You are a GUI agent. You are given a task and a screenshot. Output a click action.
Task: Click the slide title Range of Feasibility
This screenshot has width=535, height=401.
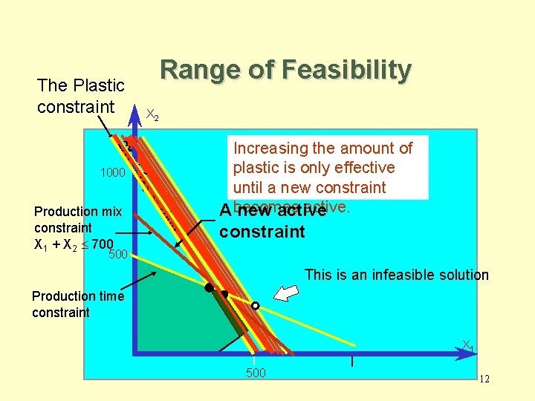click(285, 71)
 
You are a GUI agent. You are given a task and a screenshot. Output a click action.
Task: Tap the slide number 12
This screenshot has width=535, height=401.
click(484, 379)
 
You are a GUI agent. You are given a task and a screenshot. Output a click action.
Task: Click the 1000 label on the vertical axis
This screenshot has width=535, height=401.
click(113, 173)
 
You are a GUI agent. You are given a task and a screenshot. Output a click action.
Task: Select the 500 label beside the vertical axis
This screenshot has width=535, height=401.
click(119, 256)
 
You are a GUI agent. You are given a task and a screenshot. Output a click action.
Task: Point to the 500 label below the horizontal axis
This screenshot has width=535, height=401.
click(256, 373)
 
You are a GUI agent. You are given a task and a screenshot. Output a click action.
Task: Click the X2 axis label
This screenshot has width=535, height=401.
click(151, 115)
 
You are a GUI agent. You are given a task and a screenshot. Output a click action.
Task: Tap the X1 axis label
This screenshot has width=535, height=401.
click(467, 345)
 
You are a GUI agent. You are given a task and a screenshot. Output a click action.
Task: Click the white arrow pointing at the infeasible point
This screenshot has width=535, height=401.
click(285, 292)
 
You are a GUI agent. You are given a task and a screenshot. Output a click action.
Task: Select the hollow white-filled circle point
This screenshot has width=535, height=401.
click(255, 305)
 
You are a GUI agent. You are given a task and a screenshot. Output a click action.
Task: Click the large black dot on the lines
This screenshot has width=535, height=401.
click(210, 287)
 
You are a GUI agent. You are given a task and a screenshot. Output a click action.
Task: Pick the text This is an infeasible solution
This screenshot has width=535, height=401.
click(397, 275)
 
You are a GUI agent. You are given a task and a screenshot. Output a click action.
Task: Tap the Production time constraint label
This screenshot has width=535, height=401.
click(77, 304)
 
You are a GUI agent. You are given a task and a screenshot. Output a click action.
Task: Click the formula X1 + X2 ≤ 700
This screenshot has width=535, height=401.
click(74, 244)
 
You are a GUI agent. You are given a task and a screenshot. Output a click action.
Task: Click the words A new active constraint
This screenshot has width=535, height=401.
click(273, 221)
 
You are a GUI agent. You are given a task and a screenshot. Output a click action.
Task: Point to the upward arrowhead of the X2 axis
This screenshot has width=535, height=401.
click(135, 117)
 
